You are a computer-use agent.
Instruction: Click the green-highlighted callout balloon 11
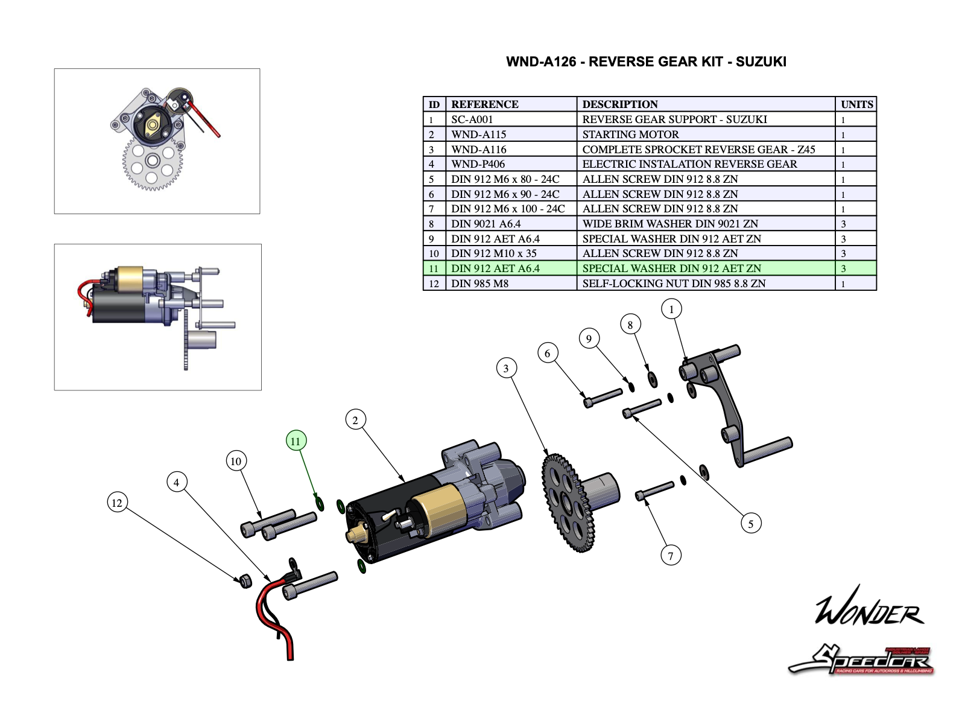296,441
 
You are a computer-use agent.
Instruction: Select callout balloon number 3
506,368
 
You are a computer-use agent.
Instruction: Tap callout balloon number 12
117,503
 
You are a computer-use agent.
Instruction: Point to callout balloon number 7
670,555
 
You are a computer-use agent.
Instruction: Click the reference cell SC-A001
472,119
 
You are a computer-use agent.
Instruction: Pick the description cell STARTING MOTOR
630,135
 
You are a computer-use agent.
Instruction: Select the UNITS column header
856,104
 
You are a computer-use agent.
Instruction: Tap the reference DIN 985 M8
479,284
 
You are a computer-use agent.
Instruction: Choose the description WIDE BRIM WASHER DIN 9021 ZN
670,224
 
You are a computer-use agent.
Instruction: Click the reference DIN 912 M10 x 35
493,253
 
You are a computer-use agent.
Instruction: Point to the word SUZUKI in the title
761,62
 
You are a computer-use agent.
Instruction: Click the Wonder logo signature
868,606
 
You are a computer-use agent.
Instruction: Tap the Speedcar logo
862,660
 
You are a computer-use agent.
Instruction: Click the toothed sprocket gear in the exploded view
567,504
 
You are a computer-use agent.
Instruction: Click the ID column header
434,104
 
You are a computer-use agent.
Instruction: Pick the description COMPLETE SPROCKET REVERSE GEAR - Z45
698,150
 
